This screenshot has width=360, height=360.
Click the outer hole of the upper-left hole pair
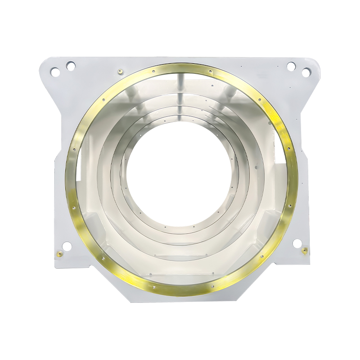(x=54, y=71)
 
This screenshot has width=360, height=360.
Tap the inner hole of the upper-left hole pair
(x=71, y=66)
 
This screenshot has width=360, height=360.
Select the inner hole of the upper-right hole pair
(x=291, y=66)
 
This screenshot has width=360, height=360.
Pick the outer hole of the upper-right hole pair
(x=306, y=72)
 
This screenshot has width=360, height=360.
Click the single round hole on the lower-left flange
(x=67, y=246)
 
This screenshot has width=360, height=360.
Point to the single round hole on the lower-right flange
(x=297, y=243)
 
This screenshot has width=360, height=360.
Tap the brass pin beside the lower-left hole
(x=58, y=254)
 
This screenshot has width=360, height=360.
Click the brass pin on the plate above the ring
(x=120, y=71)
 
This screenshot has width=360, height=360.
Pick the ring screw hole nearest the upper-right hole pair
(x=259, y=100)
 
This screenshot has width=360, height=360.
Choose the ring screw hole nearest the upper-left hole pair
(x=103, y=100)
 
